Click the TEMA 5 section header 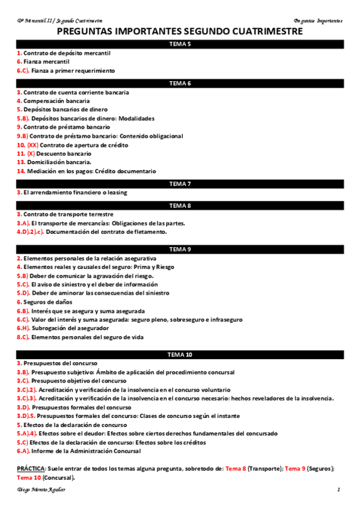coord(180,45)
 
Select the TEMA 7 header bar coord(180,183)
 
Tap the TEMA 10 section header coord(180,355)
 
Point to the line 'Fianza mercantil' coord(46,62)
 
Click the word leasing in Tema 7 coord(114,193)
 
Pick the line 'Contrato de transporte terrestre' coord(67,215)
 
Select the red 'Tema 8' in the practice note coord(236,469)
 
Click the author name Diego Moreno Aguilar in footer coord(42,491)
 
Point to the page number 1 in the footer coord(338,491)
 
